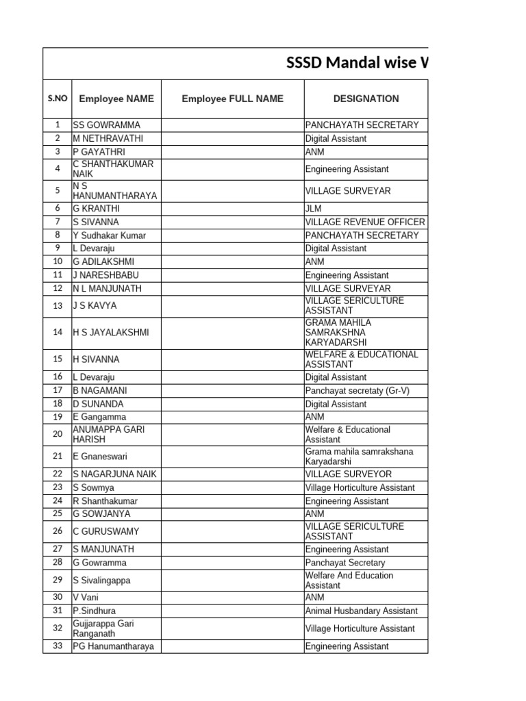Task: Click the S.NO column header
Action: point(58,99)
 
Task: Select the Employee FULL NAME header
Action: point(232,99)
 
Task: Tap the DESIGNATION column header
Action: point(366,99)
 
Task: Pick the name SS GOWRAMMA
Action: point(106,125)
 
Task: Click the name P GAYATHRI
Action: point(99,151)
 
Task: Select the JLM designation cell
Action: point(314,208)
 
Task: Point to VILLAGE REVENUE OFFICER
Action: point(365,222)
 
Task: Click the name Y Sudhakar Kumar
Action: point(109,235)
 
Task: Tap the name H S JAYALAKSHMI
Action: point(111,333)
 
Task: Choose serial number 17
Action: point(58,390)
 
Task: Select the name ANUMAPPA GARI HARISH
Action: point(108,435)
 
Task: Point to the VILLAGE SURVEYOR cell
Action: point(349,474)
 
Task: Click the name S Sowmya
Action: point(94,488)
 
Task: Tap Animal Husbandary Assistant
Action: point(361,611)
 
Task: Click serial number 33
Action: point(58,646)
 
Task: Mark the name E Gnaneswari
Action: point(100,457)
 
